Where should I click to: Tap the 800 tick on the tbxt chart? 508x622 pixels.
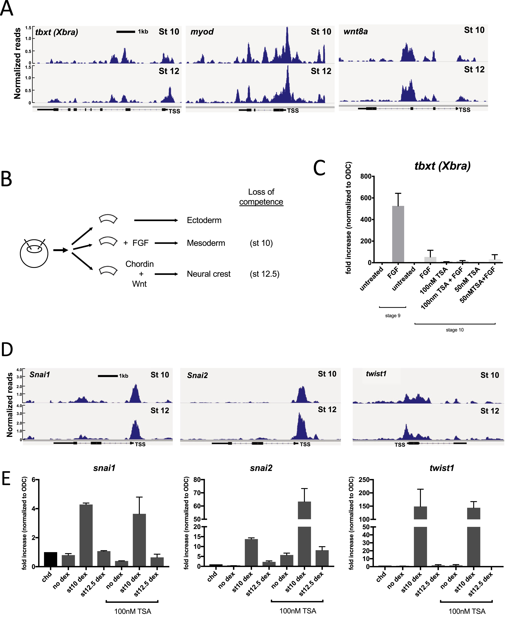click(x=366, y=176)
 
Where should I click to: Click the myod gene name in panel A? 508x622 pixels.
click(x=202, y=32)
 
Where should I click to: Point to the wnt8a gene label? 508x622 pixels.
click(x=356, y=31)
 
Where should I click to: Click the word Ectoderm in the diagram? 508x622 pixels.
click(x=204, y=220)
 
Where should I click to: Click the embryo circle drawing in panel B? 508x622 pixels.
click(x=34, y=252)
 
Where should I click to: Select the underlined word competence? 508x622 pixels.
click(x=261, y=202)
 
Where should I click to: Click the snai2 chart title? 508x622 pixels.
click(x=261, y=468)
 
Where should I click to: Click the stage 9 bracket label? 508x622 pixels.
click(x=392, y=315)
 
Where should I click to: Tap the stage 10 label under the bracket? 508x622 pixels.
click(x=455, y=330)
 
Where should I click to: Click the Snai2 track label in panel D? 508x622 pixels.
click(x=198, y=375)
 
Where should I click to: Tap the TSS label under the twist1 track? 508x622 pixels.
click(x=400, y=445)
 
